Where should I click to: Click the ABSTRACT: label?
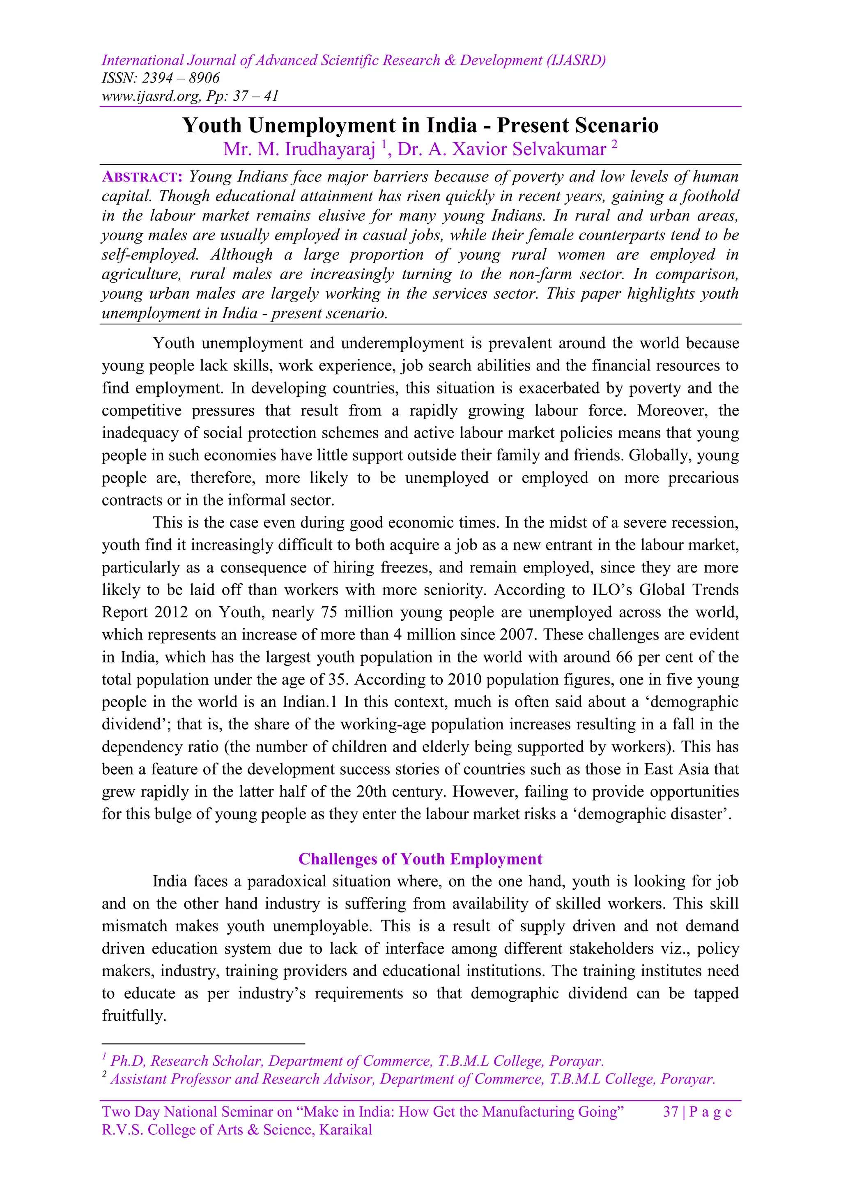click(142, 177)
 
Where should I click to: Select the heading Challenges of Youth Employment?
click(420, 859)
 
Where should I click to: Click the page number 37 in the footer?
click(670, 1112)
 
